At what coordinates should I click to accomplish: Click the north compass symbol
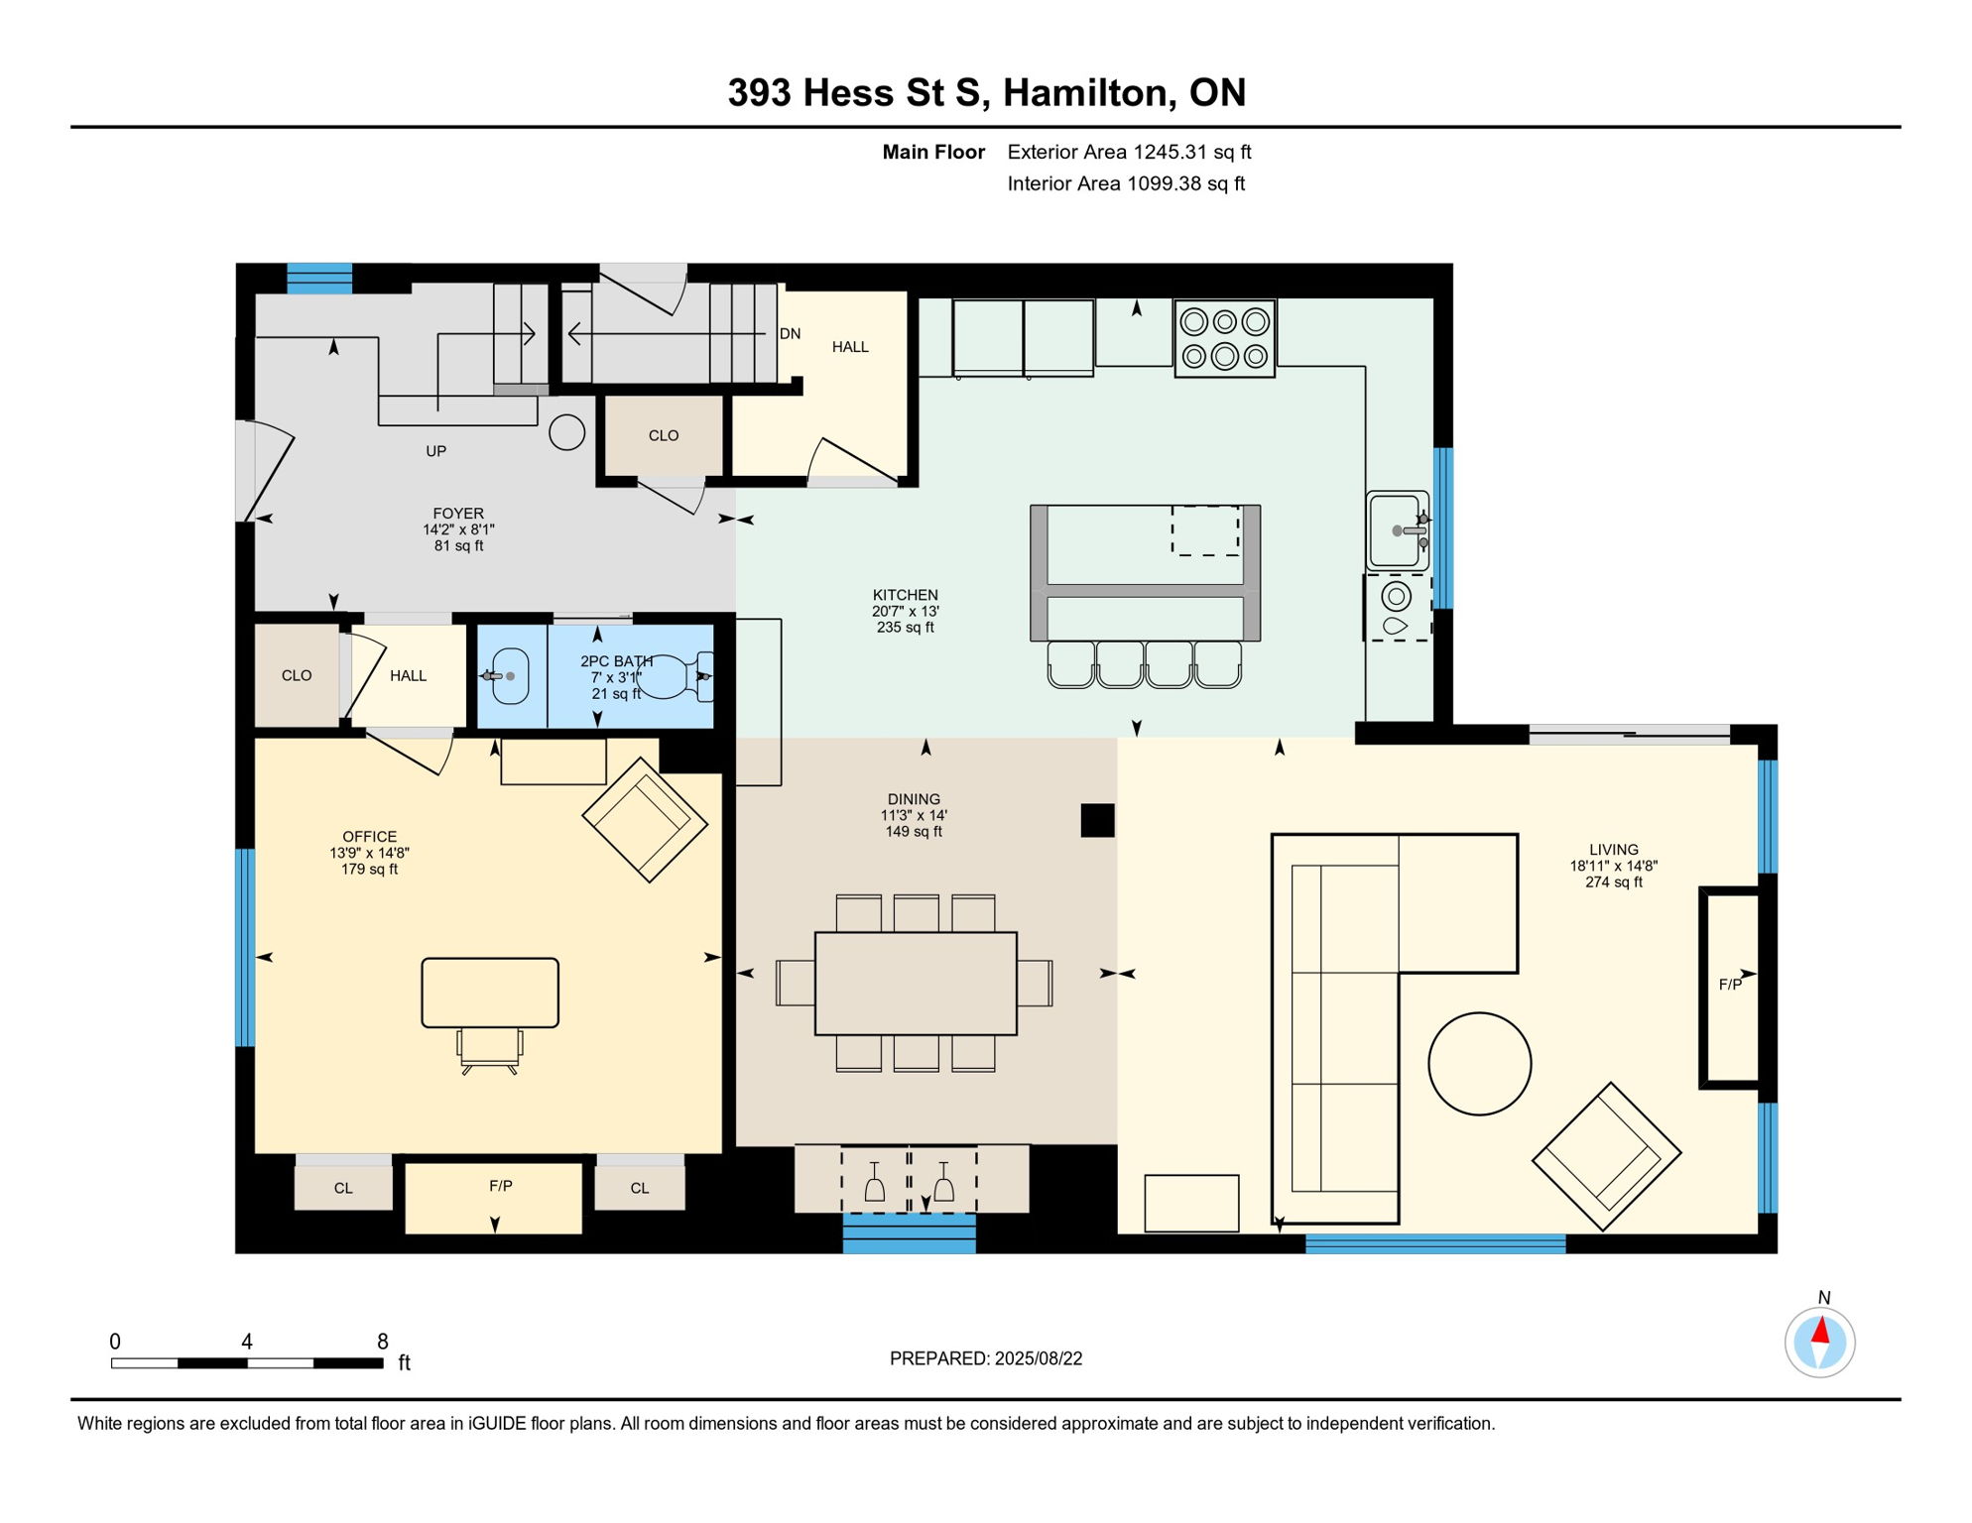1819,1342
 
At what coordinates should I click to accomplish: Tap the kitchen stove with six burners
1224,338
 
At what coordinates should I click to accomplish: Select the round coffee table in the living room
1479,1063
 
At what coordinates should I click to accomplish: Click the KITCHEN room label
905,595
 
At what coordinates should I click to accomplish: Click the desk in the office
490,992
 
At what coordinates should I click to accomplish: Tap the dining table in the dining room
916,983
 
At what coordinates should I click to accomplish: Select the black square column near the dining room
1097,820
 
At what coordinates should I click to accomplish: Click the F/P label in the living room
1729,984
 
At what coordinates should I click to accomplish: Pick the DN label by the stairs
790,334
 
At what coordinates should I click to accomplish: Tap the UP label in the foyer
435,451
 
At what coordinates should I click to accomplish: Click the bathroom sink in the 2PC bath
510,676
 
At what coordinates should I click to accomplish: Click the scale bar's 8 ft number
382,1342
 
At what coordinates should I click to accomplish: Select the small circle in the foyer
566,432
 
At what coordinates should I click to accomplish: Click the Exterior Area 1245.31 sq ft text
1129,152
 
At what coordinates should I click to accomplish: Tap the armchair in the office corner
645,819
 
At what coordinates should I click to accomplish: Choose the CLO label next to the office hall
297,675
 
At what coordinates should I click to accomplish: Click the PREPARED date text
985,1358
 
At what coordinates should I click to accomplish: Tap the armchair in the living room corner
1606,1156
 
